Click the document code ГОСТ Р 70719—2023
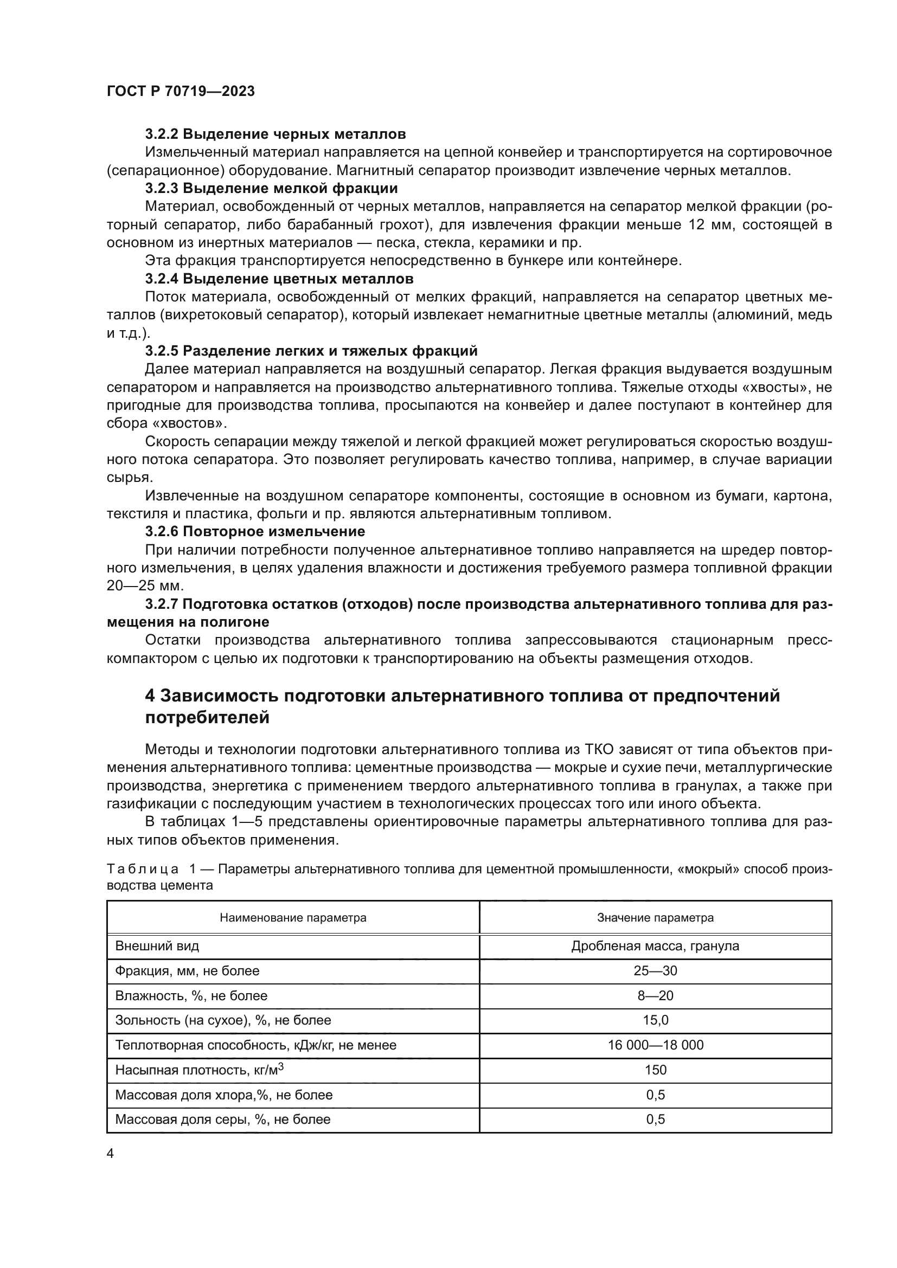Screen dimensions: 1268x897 pos(181,92)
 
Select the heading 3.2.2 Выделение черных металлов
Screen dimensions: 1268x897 pos(275,134)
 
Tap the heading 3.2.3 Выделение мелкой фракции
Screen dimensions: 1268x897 pos(271,188)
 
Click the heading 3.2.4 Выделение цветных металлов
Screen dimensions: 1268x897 pos(279,279)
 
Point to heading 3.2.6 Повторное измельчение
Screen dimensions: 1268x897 pos(255,532)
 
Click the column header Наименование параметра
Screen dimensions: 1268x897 pos(293,918)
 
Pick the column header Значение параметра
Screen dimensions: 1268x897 pos(655,918)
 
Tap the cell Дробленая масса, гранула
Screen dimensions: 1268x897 pos(655,946)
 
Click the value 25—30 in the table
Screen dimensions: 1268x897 pos(655,971)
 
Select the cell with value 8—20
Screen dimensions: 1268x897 pos(655,996)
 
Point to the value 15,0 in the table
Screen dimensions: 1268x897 pos(655,1020)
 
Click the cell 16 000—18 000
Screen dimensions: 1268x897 pos(655,1045)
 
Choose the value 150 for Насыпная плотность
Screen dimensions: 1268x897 pos(655,1070)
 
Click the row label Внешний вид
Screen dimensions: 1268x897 pos(157,946)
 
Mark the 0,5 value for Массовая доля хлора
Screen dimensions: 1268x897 pos(655,1095)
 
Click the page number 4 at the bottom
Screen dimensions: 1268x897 pos(110,1154)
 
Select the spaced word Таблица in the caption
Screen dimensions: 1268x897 pos(143,869)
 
